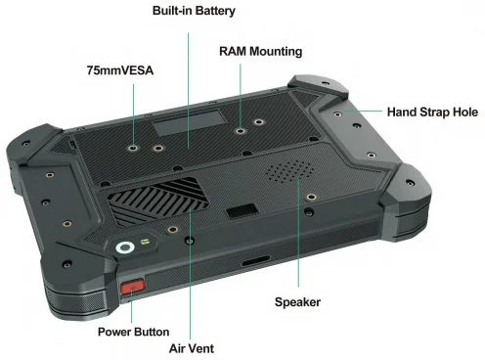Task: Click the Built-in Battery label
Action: tap(194, 11)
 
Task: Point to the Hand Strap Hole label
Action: tap(432, 112)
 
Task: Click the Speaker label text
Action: tap(297, 302)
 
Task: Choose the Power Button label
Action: tap(133, 332)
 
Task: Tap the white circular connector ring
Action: tap(124, 248)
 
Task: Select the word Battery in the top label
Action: tap(215, 11)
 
